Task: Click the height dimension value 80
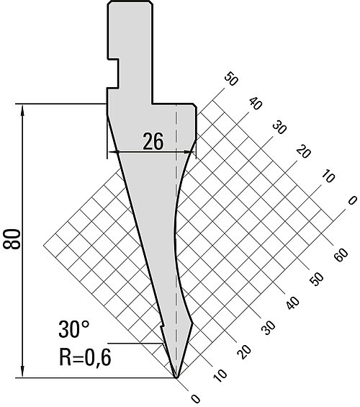click(x=12, y=239)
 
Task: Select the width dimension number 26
click(x=153, y=141)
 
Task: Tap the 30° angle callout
click(x=74, y=329)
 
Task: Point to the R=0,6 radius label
click(x=86, y=357)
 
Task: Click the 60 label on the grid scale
click(x=341, y=255)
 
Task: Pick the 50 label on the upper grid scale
click(x=230, y=79)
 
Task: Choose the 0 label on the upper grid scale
click(x=352, y=200)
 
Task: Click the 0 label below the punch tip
click(x=195, y=398)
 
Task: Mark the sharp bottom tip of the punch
click(x=176, y=377)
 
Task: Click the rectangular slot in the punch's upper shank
click(x=113, y=73)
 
